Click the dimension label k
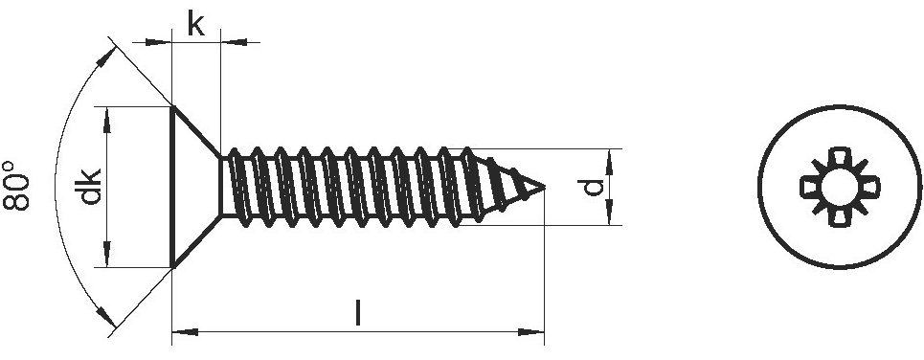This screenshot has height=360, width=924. pos(195,24)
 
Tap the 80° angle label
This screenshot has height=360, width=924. pos(16,185)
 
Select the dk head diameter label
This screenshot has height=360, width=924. pos(90,187)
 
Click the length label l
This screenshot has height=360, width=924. pos(357,313)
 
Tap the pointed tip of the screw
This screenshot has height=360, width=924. pos(543,188)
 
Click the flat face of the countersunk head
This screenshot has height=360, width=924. pos(172,187)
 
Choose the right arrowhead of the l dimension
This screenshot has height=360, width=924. pos(531,332)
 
